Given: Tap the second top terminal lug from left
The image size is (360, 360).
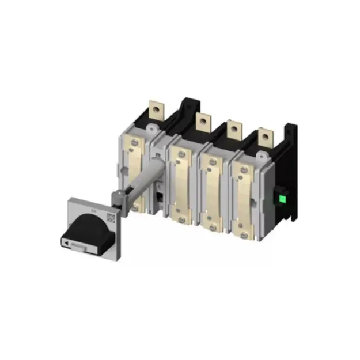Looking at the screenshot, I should point(202,122).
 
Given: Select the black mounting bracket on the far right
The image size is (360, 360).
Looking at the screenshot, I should point(291,173).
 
